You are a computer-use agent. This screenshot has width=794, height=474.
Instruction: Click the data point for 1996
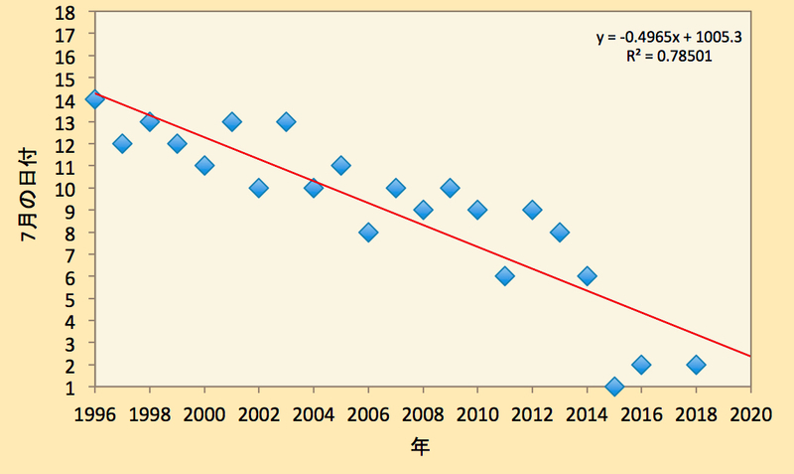94,99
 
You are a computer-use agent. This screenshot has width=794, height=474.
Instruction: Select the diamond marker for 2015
614,387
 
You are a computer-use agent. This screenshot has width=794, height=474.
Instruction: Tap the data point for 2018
697,365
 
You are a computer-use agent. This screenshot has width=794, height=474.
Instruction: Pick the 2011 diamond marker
505,276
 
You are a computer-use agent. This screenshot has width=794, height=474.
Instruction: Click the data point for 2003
286,121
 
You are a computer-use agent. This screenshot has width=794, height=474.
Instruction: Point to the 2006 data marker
368,233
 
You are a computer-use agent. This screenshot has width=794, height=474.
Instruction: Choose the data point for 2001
231,121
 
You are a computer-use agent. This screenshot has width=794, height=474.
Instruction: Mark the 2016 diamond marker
641,365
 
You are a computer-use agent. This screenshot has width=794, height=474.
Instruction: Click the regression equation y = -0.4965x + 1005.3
668,37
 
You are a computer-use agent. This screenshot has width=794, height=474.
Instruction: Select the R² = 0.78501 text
668,56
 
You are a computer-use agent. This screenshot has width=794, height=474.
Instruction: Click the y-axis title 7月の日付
29,195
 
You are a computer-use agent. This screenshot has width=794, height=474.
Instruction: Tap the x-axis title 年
420,446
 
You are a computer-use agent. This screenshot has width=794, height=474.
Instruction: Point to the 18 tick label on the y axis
65,12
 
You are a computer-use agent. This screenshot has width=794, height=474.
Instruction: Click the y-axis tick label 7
69,254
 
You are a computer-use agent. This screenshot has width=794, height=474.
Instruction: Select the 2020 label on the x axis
750,414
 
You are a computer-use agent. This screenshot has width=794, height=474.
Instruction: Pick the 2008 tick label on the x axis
423,414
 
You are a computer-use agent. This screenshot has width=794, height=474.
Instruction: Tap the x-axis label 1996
94,414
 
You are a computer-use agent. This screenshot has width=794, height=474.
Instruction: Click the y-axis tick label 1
69,388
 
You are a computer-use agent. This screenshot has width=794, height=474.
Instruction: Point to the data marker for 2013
560,233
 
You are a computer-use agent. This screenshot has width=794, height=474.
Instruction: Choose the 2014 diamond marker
587,276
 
